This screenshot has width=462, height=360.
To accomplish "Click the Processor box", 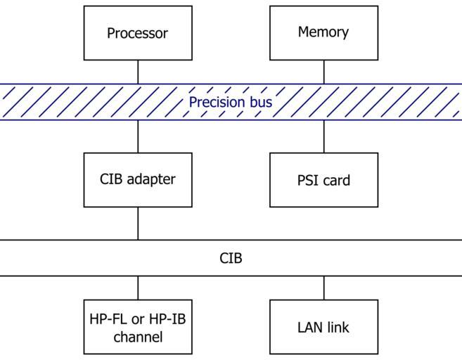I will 138,33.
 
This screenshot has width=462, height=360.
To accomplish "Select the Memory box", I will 323,32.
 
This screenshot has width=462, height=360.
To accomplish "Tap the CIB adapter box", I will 138,179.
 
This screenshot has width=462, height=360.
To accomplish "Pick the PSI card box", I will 323,180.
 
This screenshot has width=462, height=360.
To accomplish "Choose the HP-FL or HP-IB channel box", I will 138,327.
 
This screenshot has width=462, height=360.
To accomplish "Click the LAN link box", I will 323,327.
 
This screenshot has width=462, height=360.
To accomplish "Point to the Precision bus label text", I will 231,103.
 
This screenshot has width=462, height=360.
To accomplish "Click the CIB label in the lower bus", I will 231,258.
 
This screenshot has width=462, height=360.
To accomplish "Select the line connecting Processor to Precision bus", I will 138,72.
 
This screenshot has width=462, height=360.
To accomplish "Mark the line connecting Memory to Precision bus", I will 324,72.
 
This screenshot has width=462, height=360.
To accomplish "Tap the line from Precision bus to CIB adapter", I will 138,136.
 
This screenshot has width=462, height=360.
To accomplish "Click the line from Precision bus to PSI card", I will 324,136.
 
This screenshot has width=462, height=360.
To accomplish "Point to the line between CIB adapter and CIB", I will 138,224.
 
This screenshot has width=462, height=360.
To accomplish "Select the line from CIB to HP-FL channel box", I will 138,288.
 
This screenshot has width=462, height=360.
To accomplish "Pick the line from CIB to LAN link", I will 324,288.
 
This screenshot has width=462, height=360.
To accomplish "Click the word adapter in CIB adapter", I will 151,179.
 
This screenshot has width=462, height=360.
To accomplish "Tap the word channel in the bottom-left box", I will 138,337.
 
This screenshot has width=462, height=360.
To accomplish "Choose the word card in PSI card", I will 335,180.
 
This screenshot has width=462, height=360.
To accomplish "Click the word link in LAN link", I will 337,327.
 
